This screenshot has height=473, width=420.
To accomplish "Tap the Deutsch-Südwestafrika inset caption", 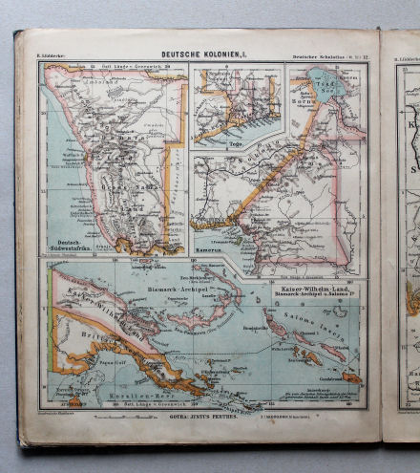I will click(x=68, y=245).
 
